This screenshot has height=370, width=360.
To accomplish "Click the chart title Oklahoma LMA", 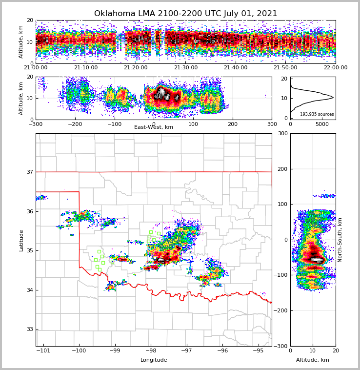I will (185, 14).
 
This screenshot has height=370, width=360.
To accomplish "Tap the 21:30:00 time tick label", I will (185, 68).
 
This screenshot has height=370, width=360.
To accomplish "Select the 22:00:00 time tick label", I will (335, 68).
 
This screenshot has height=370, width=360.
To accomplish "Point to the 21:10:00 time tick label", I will (85, 68).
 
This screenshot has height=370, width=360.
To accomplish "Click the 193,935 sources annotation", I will (317, 114).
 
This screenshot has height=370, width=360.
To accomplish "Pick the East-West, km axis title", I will (154, 127).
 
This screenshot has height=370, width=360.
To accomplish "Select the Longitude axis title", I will (154, 360).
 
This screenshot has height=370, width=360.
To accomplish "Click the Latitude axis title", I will (21, 240).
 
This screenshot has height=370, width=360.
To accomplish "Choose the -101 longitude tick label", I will (43, 351).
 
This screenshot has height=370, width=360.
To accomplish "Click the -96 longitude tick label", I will (222, 351).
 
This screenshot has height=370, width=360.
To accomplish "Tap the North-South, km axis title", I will (340, 240).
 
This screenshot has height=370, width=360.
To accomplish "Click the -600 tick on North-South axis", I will (280, 346).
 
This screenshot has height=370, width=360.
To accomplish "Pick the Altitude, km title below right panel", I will (313, 360).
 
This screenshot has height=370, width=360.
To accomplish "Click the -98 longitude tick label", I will (150, 351).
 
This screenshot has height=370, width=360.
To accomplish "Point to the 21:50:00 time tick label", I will (285, 68).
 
